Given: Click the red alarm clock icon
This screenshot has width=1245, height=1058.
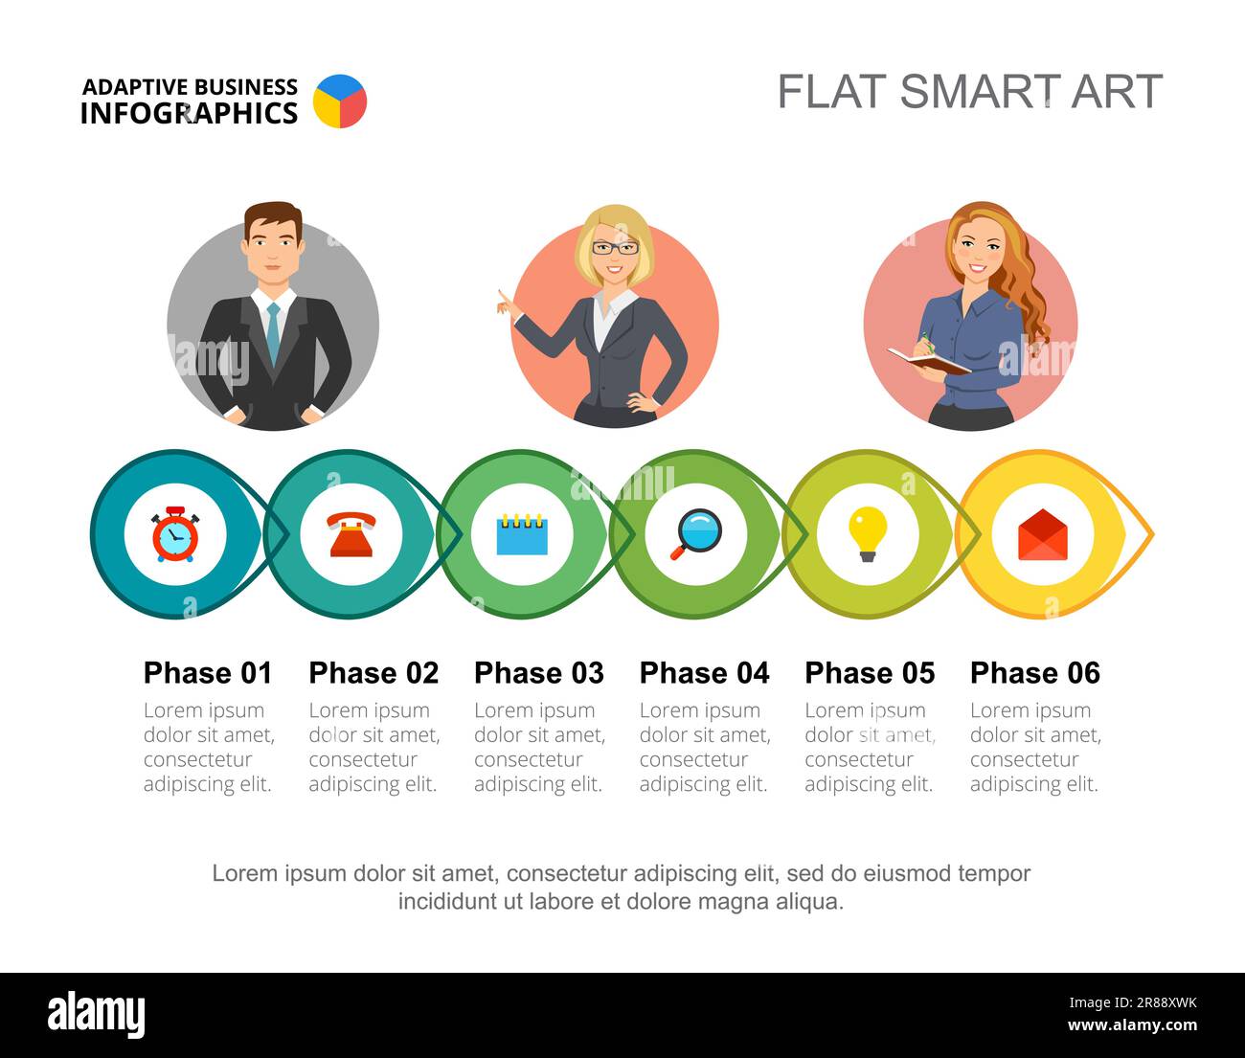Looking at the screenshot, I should (175, 534).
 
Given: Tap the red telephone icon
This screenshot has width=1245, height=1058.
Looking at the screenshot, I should (351, 534).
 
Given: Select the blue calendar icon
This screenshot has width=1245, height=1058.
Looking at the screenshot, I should (522, 534).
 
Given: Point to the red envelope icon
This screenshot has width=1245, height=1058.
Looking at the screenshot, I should (1042, 534).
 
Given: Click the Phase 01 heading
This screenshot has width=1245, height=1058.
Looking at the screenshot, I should (208, 673).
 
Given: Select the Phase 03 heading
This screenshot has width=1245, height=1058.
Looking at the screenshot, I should (538, 673).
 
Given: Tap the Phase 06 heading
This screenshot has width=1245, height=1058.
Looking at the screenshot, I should (1034, 673).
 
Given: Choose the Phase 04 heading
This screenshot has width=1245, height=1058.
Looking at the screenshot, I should (704, 673).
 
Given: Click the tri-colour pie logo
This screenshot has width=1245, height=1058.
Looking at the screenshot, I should (340, 101).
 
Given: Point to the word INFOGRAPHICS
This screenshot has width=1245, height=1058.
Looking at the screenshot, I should (189, 114).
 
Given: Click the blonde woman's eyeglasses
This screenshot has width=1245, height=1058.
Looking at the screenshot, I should (614, 248).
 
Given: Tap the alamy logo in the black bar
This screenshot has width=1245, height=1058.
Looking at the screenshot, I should (96, 1015).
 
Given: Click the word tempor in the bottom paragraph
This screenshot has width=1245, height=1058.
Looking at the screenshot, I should (994, 873).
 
